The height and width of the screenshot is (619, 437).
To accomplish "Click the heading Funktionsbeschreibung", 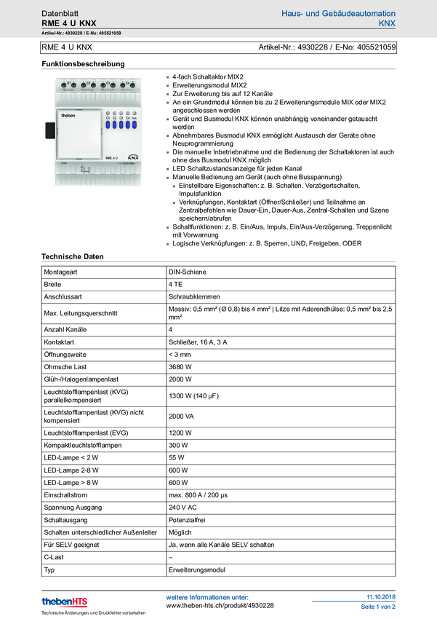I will tap(83, 64).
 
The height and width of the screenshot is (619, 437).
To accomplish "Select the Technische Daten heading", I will tap(73, 256).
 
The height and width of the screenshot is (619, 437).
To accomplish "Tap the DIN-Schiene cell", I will tap(188, 271).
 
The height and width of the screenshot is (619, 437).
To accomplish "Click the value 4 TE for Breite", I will tap(175, 284).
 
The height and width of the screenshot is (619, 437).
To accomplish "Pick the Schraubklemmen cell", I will tap(193, 297).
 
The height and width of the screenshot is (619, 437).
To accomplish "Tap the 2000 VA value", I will tap(181, 416).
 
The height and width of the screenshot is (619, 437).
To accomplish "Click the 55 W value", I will tap(177, 458).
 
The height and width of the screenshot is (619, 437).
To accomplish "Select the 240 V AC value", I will tap(183, 508).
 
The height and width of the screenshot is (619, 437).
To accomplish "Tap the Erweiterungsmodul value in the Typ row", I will tap(196, 570).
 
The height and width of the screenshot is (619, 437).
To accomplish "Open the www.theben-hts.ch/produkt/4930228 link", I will tap(220, 606).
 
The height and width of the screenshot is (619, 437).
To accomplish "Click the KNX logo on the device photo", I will tap(133, 157).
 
